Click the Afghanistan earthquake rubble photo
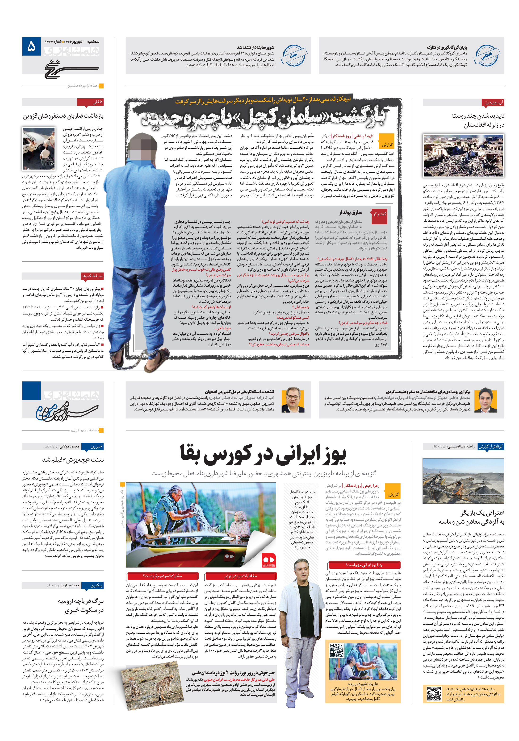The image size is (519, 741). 463,156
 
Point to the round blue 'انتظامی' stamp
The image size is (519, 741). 486,55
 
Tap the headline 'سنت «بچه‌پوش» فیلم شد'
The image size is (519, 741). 73,460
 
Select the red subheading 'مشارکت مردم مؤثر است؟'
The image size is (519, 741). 163,576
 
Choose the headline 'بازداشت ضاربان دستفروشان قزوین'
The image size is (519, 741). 63,116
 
